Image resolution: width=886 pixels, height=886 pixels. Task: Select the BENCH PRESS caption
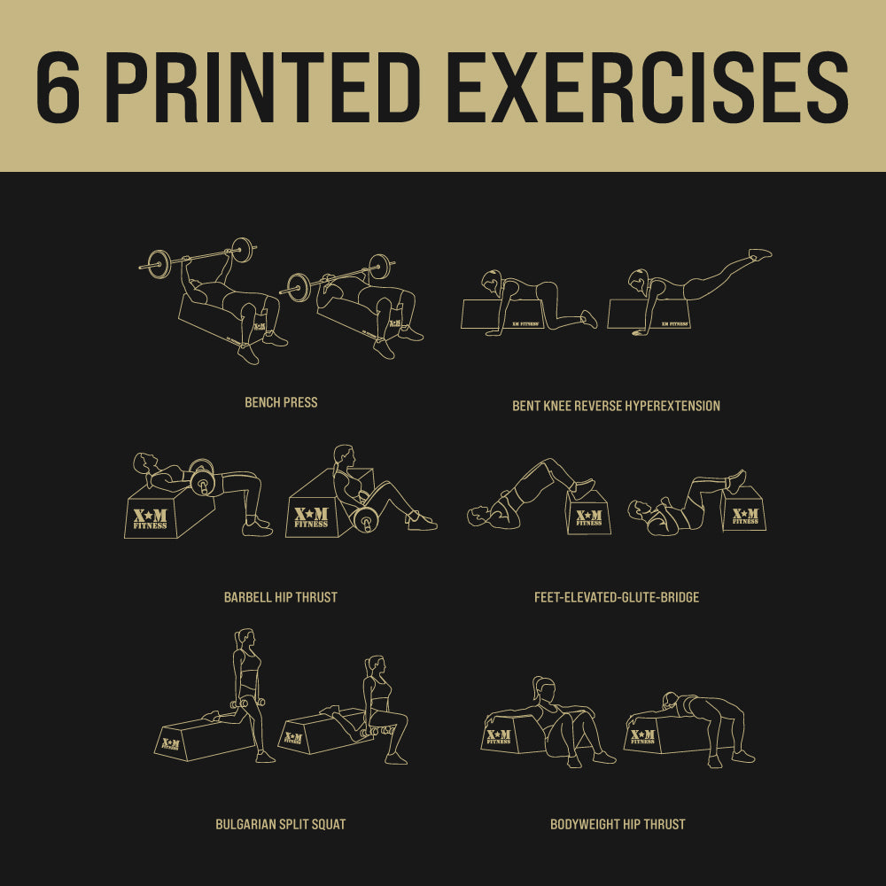281,402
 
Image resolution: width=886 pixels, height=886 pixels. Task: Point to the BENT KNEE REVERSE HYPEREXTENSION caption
616,406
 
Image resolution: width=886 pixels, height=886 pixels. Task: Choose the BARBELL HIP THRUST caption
281,597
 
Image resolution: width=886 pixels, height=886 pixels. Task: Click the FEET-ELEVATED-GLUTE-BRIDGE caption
617,597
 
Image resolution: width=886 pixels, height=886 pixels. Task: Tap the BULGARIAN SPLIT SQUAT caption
281,824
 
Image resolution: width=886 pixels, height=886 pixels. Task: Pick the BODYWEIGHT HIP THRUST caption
618,824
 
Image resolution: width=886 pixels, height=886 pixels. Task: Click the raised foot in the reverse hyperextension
760,254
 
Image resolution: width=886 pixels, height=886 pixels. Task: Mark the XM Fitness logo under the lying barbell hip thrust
151,518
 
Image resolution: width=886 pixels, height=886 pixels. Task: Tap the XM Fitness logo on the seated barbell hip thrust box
311,517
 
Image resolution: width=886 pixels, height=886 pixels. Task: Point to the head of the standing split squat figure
245,638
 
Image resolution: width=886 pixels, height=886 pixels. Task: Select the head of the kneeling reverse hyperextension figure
492,280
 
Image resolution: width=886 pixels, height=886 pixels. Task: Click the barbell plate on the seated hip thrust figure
366,518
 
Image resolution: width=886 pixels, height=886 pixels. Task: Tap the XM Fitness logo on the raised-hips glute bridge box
589,517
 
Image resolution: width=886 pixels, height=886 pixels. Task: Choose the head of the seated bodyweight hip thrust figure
544,688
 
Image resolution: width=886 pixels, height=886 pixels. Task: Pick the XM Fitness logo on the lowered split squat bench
292,738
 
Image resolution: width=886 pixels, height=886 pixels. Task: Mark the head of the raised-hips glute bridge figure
478,515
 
